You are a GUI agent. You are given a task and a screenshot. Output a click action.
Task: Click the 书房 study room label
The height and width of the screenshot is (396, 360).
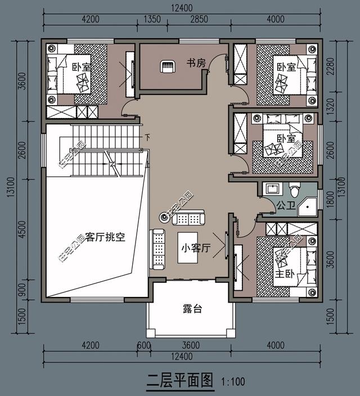pyautogui.click(x=196, y=64)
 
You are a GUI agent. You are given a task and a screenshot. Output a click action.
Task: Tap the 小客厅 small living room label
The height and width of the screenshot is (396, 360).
pyautogui.click(x=195, y=247)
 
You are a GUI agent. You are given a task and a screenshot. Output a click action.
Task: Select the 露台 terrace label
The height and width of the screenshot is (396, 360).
pyautogui.click(x=192, y=308)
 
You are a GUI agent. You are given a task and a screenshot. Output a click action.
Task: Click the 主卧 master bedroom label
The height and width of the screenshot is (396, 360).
pyautogui.click(x=284, y=274)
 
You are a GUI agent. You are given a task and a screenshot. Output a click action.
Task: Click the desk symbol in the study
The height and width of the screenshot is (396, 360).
pyautogui.click(x=168, y=67)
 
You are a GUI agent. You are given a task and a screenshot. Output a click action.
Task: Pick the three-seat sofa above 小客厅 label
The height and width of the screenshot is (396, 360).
pyautogui.click(x=188, y=218)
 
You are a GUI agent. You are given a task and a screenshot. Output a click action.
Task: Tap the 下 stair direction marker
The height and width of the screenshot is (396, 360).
pyautogui.click(x=147, y=137)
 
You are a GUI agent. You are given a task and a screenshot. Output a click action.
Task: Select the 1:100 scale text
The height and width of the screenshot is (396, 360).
pyautogui.click(x=233, y=382)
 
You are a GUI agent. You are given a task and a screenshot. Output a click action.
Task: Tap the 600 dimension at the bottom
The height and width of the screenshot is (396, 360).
pyautogui.click(x=143, y=345)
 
